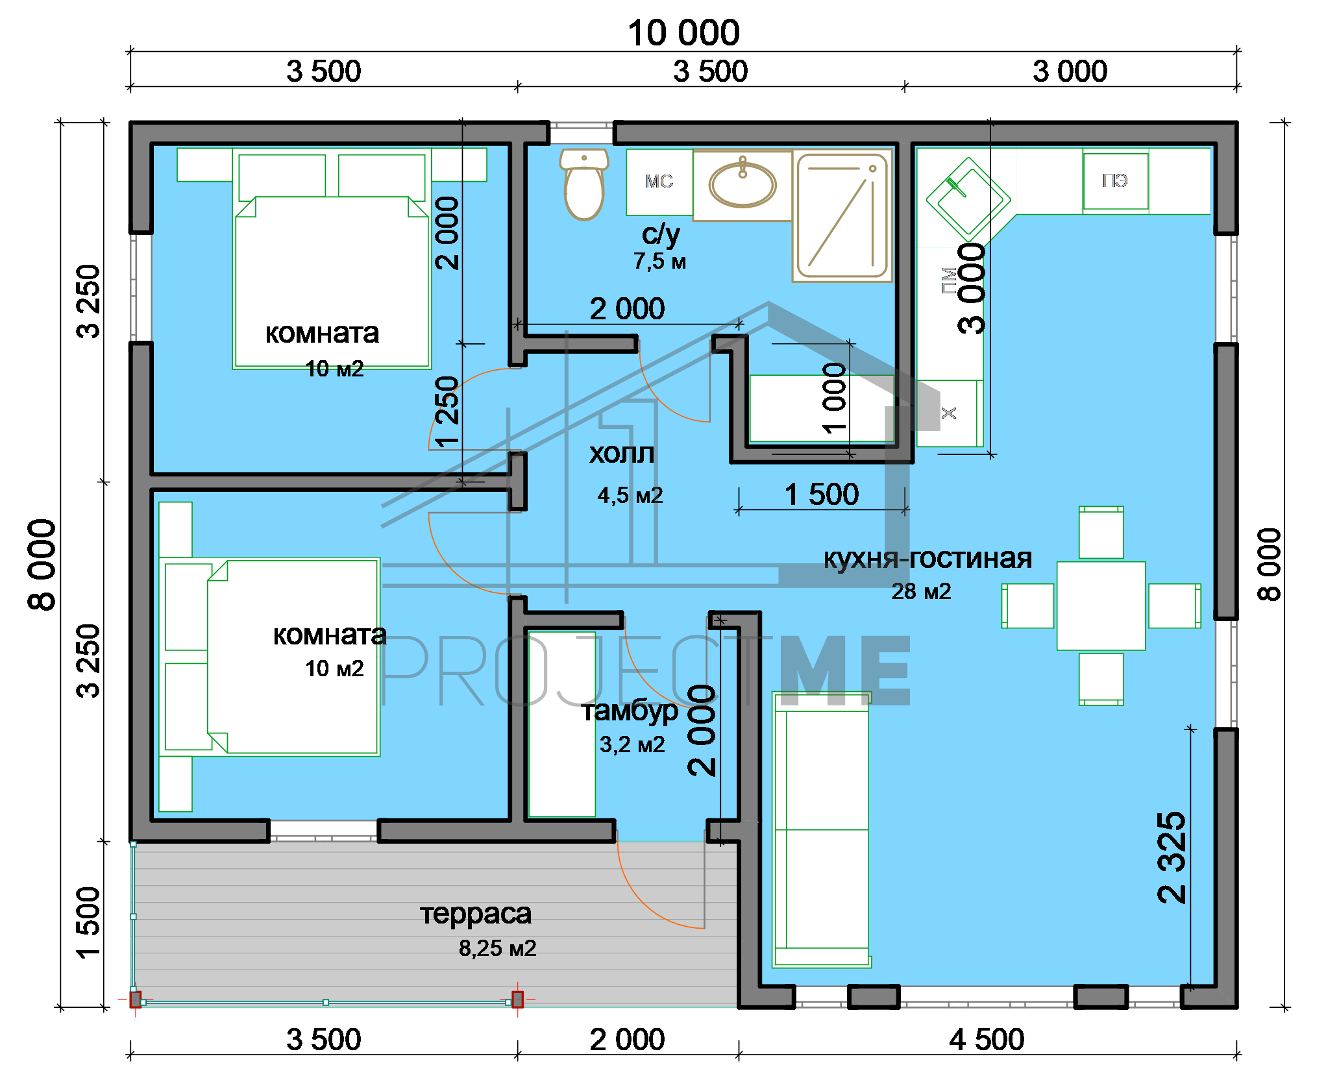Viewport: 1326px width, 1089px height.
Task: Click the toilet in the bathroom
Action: (583, 184)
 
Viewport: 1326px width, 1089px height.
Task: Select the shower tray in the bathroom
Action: (842, 216)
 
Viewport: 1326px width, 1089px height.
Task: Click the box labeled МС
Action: (659, 182)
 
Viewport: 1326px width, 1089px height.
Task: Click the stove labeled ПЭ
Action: (1116, 181)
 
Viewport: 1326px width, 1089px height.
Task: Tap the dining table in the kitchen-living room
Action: (1101, 606)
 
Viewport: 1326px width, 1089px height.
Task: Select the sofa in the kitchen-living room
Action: (821, 830)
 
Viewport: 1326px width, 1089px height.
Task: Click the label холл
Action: (622, 454)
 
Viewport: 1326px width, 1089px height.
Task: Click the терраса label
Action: (476, 914)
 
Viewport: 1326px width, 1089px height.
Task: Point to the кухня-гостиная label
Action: (927, 558)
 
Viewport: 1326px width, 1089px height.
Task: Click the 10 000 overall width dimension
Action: (683, 33)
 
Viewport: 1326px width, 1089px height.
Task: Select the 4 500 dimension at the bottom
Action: (987, 1040)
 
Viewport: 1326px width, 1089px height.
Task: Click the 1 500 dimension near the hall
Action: (822, 495)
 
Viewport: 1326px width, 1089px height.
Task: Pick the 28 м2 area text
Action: (921, 592)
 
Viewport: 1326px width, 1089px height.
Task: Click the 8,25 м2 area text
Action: (498, 949)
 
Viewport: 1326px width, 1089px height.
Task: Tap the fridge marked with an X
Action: (950, 413)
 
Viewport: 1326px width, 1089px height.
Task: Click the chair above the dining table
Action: (1101, 533)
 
